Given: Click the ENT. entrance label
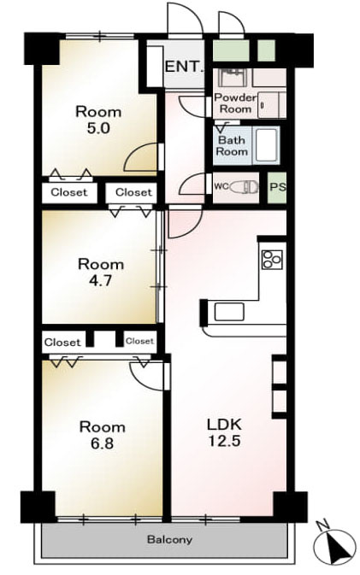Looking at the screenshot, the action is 184,67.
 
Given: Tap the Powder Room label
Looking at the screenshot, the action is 235,103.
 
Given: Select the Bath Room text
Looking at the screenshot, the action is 232,145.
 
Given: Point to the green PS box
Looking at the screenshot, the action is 277,187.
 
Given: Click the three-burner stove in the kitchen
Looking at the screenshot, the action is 272,259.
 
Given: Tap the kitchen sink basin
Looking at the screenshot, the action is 229,312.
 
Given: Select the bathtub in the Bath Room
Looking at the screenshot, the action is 267,145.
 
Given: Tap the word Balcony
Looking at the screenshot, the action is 169,539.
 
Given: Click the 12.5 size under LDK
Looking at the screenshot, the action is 225,440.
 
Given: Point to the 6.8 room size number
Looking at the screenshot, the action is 103,443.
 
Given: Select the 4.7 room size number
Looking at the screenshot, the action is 100,280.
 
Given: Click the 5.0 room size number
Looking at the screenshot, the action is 98,128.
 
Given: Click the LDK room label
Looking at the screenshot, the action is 225,425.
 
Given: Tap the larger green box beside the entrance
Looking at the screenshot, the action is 231,50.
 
